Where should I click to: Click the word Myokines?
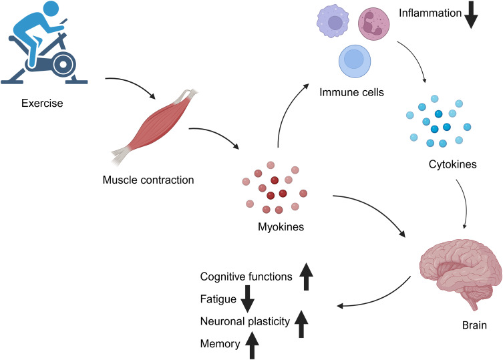(281, 227)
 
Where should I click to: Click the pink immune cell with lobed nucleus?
(377, 25)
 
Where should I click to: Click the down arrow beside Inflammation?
(471, 15)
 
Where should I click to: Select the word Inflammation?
(431, 12)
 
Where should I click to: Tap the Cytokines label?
(454, 164)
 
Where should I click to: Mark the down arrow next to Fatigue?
(247, 299)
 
